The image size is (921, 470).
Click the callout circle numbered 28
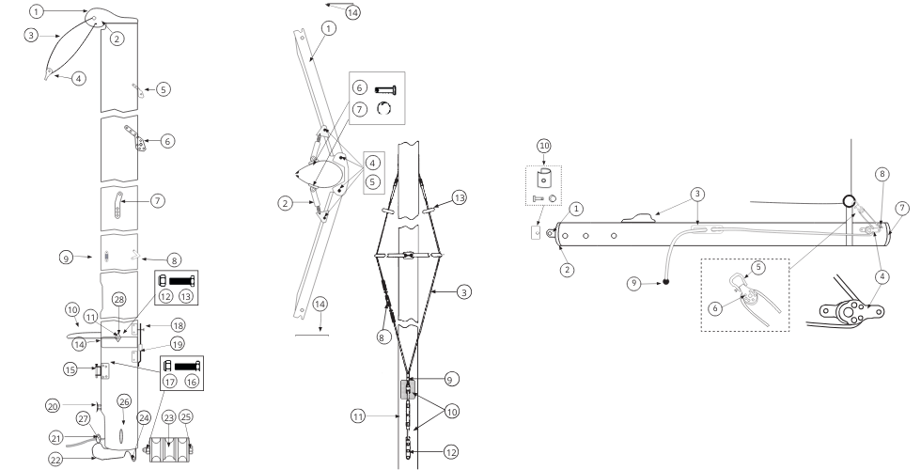click(x=119, y=300)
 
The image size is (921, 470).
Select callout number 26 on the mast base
click(x=124, y=402)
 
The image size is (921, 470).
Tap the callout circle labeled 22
click(x=55, y=459)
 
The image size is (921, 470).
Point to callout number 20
click(x=53, y=406)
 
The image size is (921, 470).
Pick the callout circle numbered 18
click(x=178, y=325)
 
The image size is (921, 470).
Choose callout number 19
click(x=177, y=344)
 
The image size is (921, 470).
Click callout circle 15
click(x=70, y=369)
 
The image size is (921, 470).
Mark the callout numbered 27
click(x=83, y=418)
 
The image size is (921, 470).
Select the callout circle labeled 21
click(x=56, y=438)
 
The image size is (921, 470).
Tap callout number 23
click(x=168, y=417)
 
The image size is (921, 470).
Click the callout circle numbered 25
click(x=186, y=417)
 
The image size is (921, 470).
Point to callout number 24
click(x=144, y=417)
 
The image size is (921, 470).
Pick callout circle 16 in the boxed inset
click(x=192, y=382)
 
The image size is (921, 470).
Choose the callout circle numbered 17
click(x=169, y=382)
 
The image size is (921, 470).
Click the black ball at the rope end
click(x=665, y=282)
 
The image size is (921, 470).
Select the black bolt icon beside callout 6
click(x=385, y=90)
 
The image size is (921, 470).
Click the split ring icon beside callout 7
click(x=384, y=109)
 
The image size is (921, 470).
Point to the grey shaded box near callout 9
click(x=408, y=389)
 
